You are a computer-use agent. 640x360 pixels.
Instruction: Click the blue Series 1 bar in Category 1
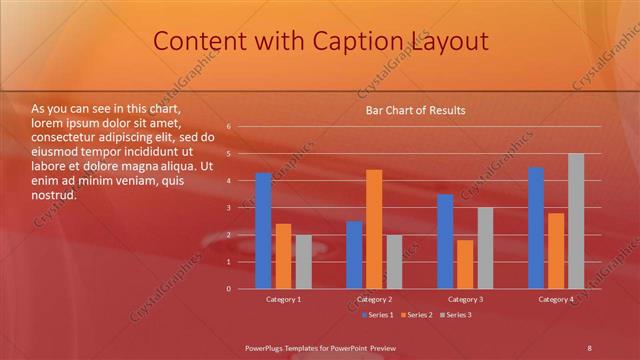(263, 231)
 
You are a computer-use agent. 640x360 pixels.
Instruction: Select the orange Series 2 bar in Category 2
(374, 229)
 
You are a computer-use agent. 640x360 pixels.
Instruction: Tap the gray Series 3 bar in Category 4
(576, 221)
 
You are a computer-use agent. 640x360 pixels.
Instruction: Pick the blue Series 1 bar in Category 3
(445, 241)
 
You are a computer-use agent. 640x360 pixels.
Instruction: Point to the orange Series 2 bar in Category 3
(465, 264)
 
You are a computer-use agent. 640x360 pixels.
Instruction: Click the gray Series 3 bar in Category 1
(303, 262)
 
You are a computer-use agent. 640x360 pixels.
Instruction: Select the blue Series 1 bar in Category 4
(536, 228)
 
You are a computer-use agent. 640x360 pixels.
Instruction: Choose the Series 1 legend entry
(377, 315)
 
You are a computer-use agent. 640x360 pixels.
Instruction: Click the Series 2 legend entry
(417, 315)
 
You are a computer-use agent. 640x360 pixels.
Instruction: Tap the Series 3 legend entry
(456, 315)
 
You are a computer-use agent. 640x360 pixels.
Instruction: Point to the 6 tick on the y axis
(229, 127)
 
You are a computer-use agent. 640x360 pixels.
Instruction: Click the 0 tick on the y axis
(229, 289)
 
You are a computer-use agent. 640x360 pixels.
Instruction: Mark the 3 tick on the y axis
(229, 208)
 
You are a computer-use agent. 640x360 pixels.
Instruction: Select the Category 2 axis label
(374, 299)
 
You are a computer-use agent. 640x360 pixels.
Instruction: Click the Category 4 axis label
(556, 299)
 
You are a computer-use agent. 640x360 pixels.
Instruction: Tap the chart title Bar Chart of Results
(414, 110)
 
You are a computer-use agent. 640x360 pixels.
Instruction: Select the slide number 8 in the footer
(589, 347)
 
